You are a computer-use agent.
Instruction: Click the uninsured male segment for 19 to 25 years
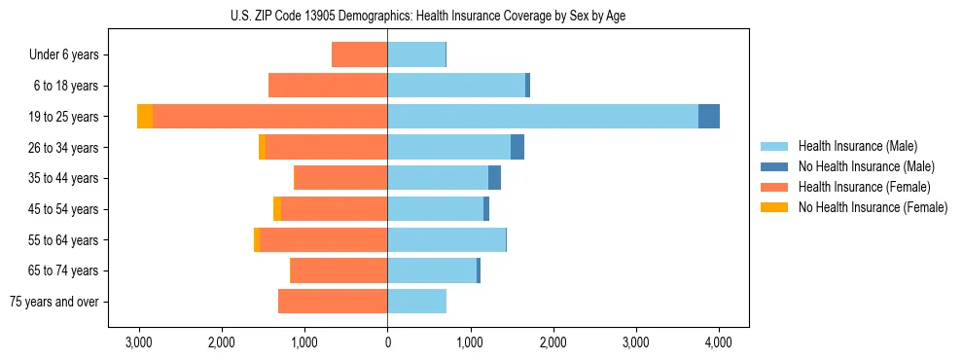pyautogui.click(x=709, y=116)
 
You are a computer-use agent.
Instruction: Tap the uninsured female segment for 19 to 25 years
pyautogui.click(x=145, y=116)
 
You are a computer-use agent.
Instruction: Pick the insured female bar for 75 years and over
pyautogui.click(x=333, y=302)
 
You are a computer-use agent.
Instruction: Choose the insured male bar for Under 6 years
pyautogui.click(x=416, y=54)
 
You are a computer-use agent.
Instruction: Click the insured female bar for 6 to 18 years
pyautogui.click(x=328, y=86)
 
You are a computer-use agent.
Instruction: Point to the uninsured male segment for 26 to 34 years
pyautogui.click(x=517, y=147)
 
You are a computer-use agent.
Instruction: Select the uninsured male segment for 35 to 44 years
pyautogui.click(x=494, y=178)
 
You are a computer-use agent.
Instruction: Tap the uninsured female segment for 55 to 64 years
pyautogui.click(x=257, y=239)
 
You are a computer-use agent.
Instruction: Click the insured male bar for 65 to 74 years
pyautogui.click(x=432, y=270)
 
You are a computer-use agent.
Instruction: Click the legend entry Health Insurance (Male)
pyautogui.click(x=857, y=146)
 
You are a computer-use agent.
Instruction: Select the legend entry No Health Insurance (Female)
pyautogui.click(x=873, y=207)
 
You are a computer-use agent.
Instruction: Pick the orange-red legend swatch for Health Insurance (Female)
pyautogui.click(x=774, y=187)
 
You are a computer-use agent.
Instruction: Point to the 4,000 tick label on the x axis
pyautogui.click(x=719, y=342)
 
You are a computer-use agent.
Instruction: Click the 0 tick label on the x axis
pyautogui.click(x=387, y=342)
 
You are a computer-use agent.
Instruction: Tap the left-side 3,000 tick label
pyautogui.click(x=139, y=342)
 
